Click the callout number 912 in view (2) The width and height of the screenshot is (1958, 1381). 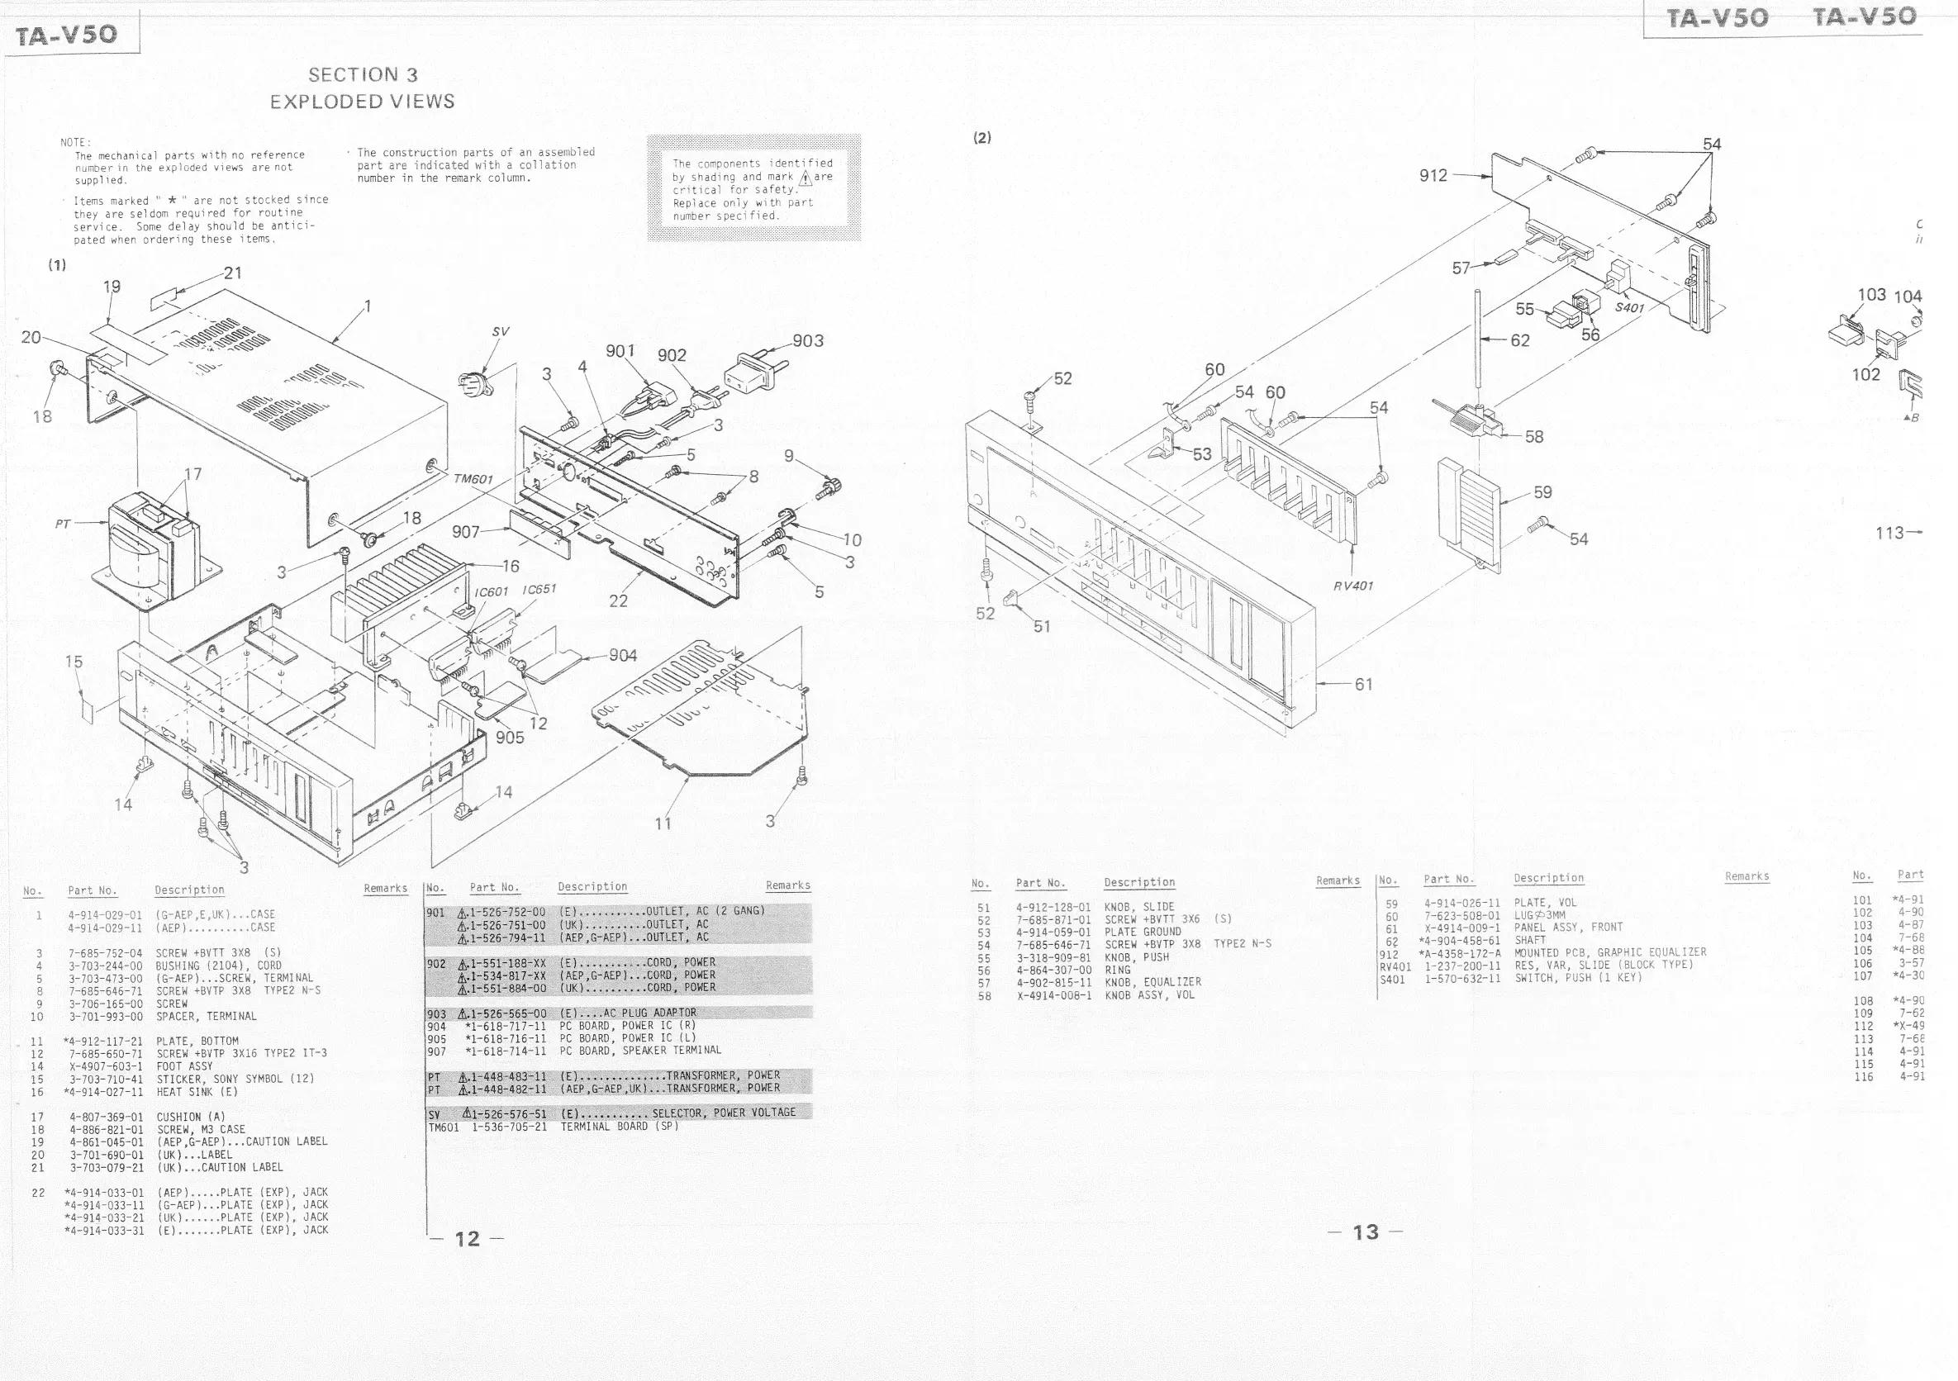1433,175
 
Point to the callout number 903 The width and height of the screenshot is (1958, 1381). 808,341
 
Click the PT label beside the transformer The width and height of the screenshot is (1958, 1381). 62,524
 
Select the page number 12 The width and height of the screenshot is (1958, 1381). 468,1239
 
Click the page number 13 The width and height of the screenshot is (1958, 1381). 1366,1232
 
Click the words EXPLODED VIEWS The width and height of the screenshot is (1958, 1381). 363,102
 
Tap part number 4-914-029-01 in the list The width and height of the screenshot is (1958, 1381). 106,914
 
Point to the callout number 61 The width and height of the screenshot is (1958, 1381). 1364,684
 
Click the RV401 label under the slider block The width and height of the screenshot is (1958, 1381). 1353,586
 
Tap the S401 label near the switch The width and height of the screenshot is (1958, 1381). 1629,308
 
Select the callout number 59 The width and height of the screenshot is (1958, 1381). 1542,492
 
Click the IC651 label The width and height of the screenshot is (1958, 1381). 539,589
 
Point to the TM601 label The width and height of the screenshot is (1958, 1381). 473,479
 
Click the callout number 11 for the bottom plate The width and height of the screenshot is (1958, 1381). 663,823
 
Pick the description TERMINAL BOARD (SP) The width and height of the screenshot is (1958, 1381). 619,1126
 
